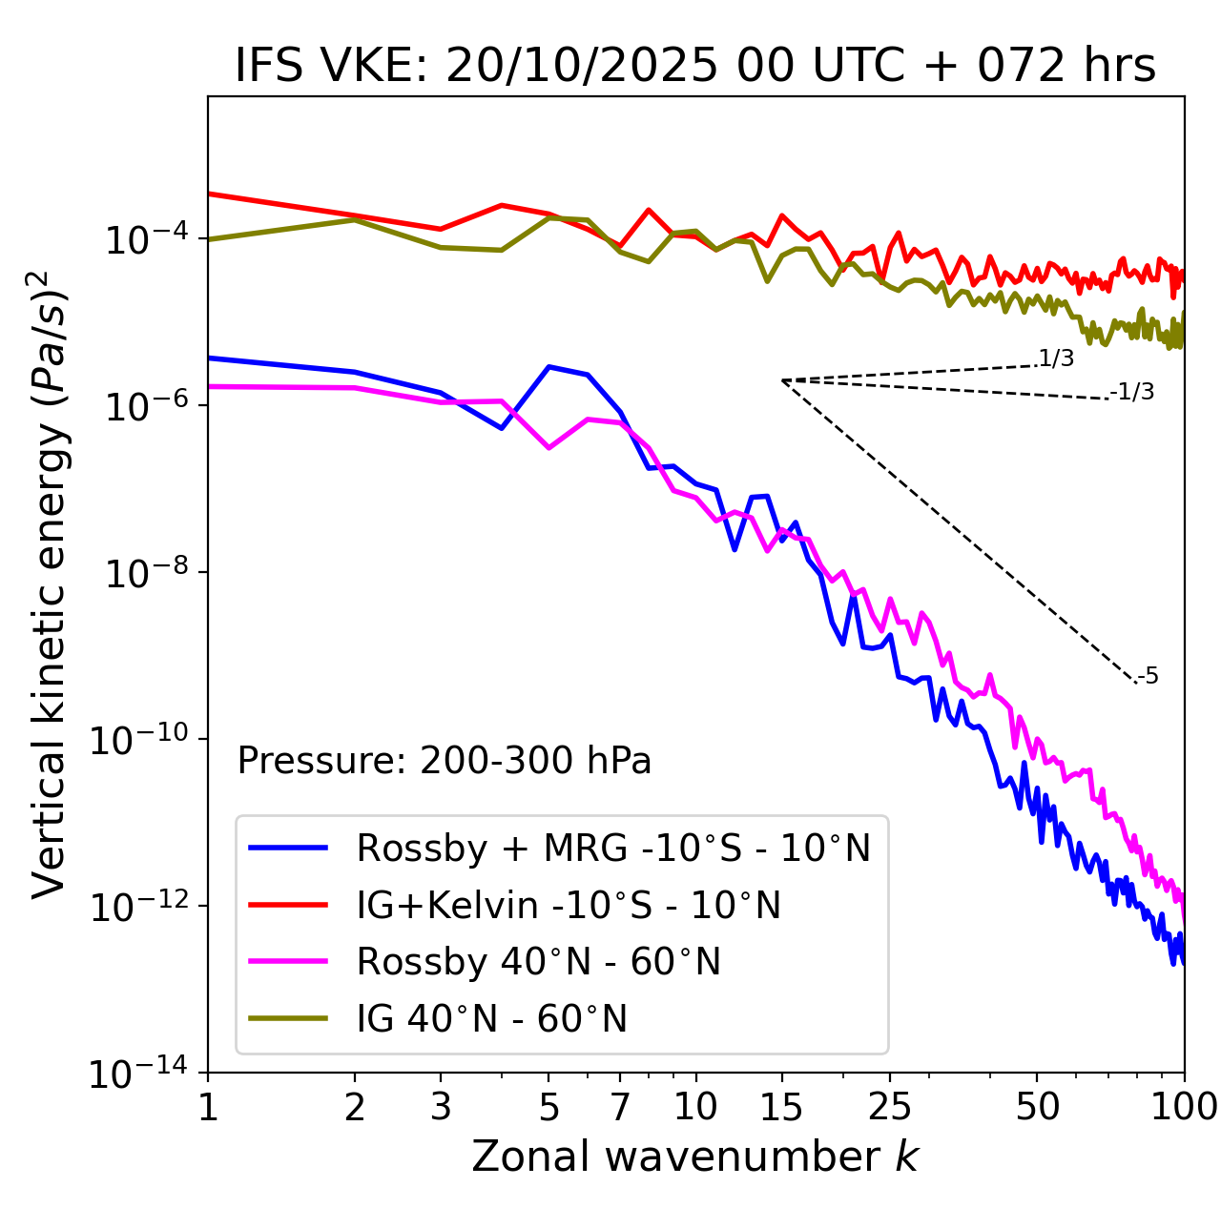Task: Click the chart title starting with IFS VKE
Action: [x=694, y=66]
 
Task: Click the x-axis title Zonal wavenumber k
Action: [x=694, y=1156]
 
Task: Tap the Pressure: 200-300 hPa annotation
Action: [x=444, y=761]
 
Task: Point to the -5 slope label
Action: [x=1148, y=676]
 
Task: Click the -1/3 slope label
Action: [x=1132, y=392]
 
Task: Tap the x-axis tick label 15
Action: [x=782, y=1107]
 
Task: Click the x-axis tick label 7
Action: [x=620, y=1107]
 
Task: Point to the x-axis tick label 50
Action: [x=1038, y=1107]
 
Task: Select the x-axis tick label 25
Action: [x=890, y=1107]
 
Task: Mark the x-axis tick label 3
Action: [x=441, y=1107]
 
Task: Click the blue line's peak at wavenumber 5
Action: [x=548, y=366]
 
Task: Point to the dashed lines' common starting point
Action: [x=782, y=380]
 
